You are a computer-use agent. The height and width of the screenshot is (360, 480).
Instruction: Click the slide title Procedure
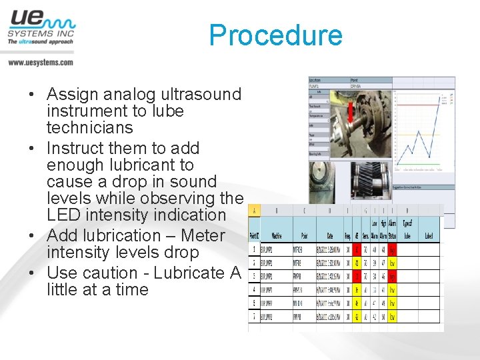[x=275, y=35]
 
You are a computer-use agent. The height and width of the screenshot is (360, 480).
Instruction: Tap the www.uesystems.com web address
[x=41, y=62]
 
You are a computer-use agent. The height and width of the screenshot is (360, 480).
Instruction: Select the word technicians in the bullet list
[x=90, y=127]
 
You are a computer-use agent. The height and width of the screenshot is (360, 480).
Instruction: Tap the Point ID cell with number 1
[x=254, y=249]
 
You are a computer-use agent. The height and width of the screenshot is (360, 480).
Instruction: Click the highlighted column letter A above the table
[x=254, y=211]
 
